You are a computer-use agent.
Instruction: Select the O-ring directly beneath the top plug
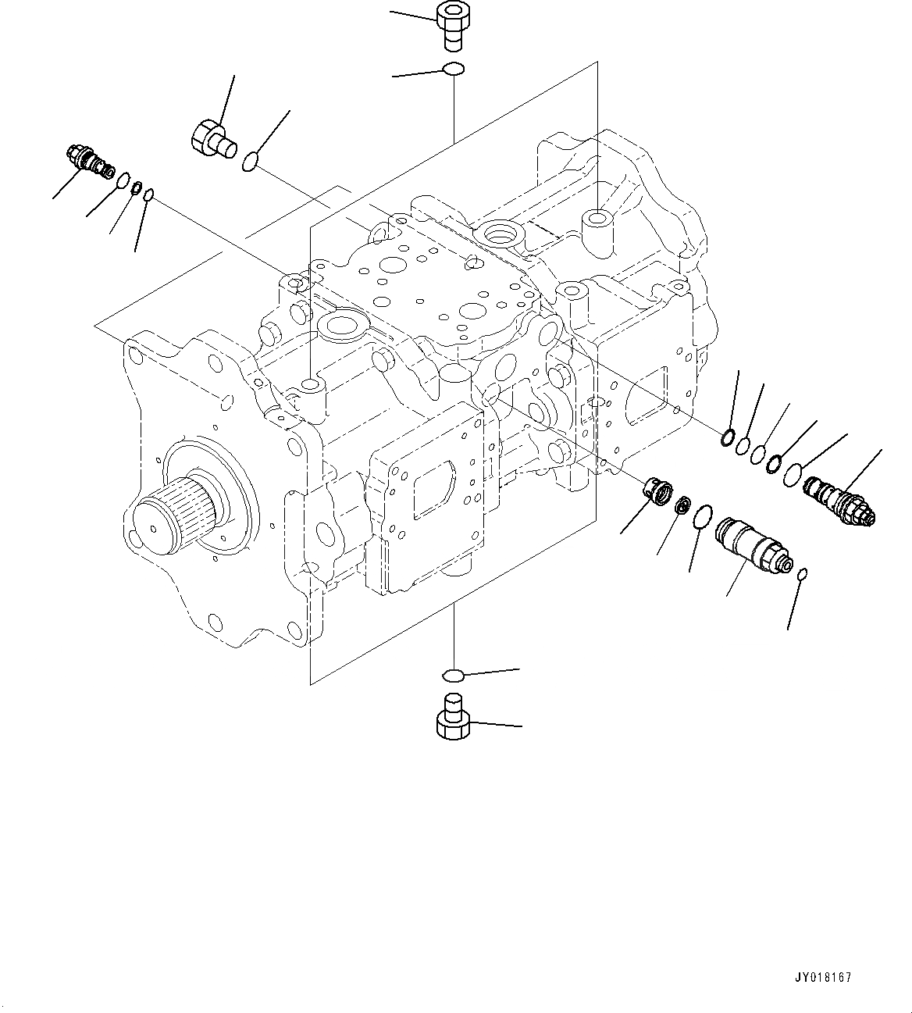click(x=453, y=70)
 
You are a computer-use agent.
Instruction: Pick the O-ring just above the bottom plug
click(x=453, y=673)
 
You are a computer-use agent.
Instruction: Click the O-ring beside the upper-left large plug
click(x=250, y=162)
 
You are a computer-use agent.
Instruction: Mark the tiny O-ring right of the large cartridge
click(x=804, y=575)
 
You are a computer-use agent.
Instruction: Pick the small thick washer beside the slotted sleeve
click(x=682, y=506)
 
